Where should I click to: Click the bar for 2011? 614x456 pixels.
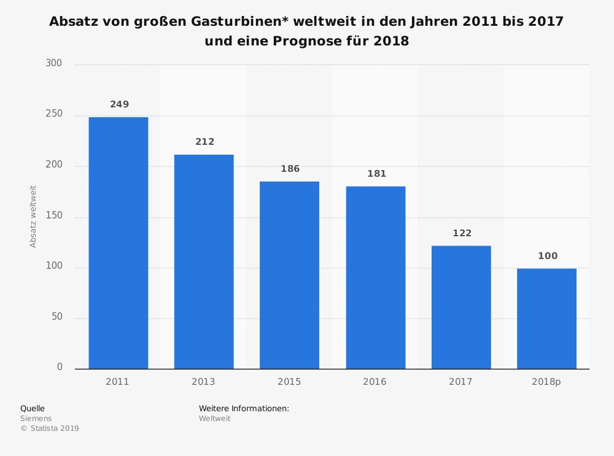tap(118, 242)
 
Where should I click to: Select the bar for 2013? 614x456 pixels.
tap(204, 261)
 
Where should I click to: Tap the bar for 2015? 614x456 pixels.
tap(289, 275)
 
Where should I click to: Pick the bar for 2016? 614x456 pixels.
tap(375, 277)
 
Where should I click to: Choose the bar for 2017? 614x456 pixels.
tap(461, 307)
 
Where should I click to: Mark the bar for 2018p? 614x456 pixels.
tap(546, 319)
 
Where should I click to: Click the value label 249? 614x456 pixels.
tap(120, 104)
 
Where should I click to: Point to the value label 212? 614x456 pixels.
tap(205, 142)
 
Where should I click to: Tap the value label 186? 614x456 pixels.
tap(290, 169)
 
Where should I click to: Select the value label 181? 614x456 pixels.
tap(376, 174)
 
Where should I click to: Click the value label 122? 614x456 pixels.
tap(462, 233)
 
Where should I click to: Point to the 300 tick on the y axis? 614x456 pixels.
tap(54, 64)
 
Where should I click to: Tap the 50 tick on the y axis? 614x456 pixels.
tap(56, 317)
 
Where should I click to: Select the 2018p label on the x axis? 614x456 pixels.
tap(546, 382)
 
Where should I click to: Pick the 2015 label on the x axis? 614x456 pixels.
tap(289, 382)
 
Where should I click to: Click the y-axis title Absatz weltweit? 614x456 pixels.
tap(33, 217)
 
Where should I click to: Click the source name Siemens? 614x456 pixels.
tap(36, 419)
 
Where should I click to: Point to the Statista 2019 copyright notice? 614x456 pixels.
tap(50, 428)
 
